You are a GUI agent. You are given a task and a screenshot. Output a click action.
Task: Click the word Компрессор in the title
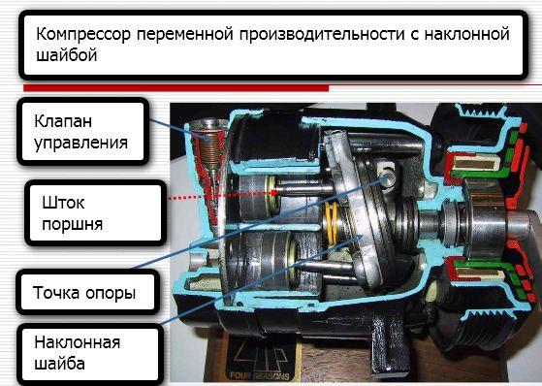coord(83,35)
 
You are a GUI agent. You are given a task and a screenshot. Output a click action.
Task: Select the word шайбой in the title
coord(66,55)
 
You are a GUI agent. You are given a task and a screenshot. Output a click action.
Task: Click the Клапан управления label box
coord(83,132)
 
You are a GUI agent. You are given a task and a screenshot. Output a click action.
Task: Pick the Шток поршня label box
coord(96,213)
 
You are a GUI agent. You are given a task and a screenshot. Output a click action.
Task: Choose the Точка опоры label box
coord(88,292)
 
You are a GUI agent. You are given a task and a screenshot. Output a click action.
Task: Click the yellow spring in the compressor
coord(332,223)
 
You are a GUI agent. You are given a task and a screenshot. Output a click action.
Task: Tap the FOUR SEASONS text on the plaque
coord(259,375)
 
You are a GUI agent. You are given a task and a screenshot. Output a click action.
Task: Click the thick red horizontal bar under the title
coord(175,88)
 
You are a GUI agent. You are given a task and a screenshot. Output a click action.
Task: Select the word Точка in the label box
coord(56,292)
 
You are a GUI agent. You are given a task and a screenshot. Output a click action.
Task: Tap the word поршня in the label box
coord(73,225)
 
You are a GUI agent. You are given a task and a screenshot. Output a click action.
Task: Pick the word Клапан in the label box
coord(63,121)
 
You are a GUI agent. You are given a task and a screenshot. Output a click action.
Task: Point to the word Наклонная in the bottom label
coord(78,342)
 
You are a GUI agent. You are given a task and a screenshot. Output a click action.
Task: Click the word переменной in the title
coord(184,35)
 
